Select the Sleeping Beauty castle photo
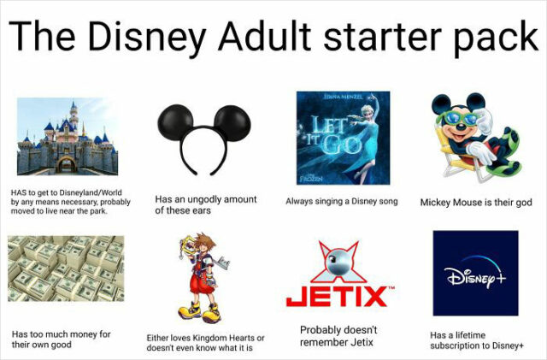68,137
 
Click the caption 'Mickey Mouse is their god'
476,204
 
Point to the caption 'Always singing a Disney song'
342,202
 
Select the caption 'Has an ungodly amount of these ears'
205,204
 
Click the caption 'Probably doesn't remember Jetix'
338,336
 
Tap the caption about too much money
61,339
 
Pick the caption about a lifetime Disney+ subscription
476,341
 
